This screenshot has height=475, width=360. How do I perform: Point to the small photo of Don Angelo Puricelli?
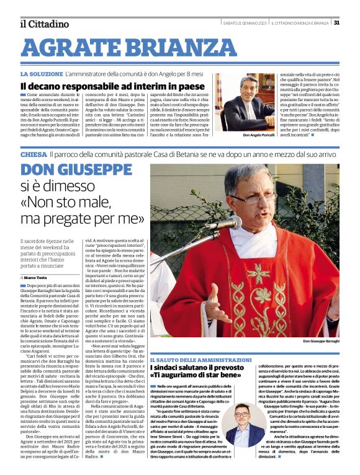(x=241, y=105)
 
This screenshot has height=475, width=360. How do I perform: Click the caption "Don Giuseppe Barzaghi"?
(x=320, y=342)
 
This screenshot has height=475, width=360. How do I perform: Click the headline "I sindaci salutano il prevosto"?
(x=197, y=368)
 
